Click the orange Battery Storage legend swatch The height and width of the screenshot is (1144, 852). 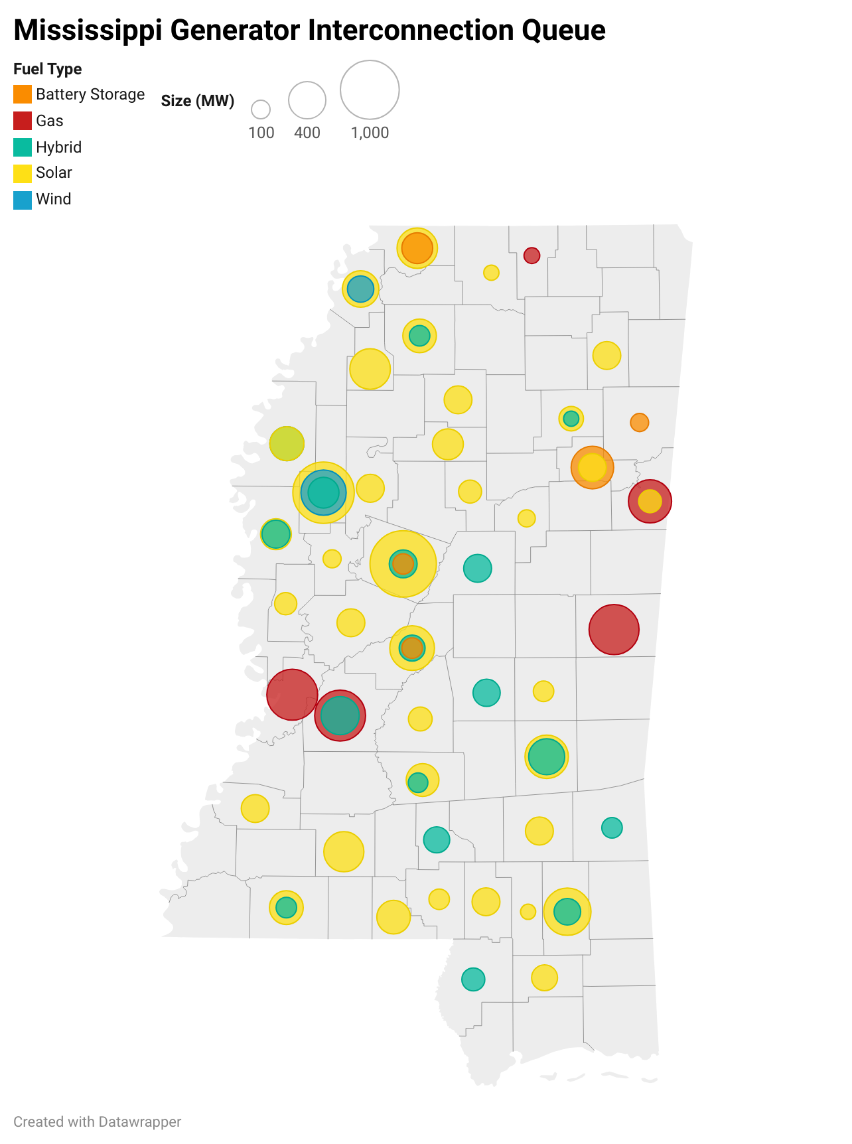tap(23, 94)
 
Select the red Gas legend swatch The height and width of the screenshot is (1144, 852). tap(23, 121)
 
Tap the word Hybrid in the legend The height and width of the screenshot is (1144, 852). tap(58, 147)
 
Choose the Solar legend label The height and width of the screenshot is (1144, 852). tap(54, 173)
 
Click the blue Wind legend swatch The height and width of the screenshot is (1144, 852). tap(23, 200)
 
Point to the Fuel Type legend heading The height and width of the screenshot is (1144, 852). tap(48, 69)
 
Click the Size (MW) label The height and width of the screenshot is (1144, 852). tap(198, 101)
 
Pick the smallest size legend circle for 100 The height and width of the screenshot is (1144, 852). tap(261, 109)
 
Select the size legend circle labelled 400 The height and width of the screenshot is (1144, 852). tap(307, 100)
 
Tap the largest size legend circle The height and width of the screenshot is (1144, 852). tap(370, 90)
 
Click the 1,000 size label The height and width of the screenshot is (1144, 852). tap(370, 133)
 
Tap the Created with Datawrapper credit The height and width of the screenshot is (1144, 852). tap(97, 1121)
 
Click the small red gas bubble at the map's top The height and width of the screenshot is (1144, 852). tap(532, 255)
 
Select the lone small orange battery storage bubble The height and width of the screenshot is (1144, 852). tap(639, 422)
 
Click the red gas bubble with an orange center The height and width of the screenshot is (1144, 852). tap(650, 501)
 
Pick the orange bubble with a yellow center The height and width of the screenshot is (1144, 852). tap(592, 468)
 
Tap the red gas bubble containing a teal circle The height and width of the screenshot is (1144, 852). tap(340, 715)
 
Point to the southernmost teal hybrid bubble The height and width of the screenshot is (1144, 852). tap(473, 979)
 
